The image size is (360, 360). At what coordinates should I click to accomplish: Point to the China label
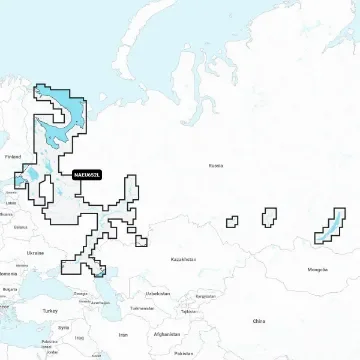point(259,321)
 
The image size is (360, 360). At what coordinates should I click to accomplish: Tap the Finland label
point(13,157)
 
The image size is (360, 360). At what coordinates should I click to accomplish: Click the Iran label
point(123,334)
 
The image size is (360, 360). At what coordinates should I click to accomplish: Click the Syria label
point(63,327)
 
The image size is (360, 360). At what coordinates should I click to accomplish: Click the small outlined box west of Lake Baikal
point(269,217)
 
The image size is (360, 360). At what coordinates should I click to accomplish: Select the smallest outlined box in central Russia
point(231,220)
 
